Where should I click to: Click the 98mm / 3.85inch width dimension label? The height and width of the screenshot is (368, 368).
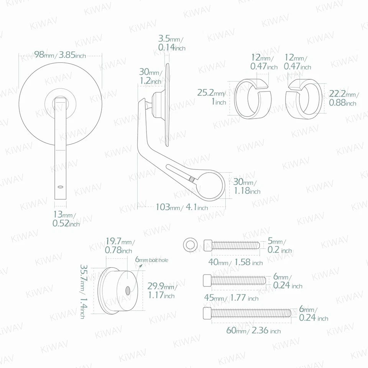click(60, 55)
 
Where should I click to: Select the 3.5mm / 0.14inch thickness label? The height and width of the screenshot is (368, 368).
click(171, 43)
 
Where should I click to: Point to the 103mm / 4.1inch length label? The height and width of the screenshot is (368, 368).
click(182, 207)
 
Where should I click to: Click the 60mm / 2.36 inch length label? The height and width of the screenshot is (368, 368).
click(253, 331)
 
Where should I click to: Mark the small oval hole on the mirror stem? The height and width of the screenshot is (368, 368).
click(60, 187)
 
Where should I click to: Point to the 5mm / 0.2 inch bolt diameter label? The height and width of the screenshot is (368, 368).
click(279, 246)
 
